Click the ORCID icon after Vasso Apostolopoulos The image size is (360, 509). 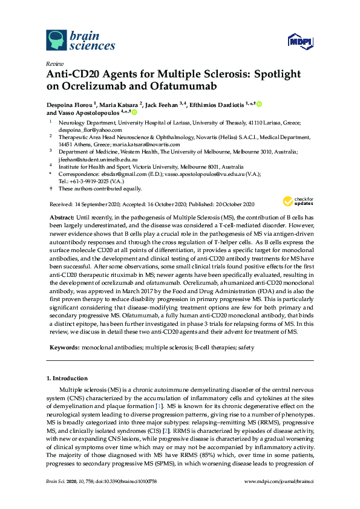pyautogui.click(x=134, y=112)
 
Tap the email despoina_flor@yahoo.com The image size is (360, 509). pyautogui.click(x=90, y=129)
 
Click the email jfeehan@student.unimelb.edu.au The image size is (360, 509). pyautogui.click(x=100, y=159)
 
